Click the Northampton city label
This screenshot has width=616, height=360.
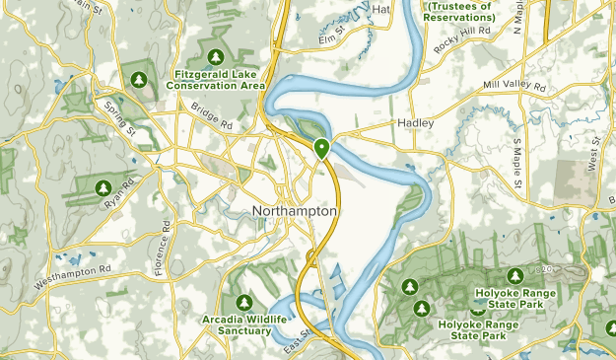pos(295,212)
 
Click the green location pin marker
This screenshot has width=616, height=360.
pos(321,149)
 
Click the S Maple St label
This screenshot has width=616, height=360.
pos(516,164)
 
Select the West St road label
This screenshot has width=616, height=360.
pos(594,156)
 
